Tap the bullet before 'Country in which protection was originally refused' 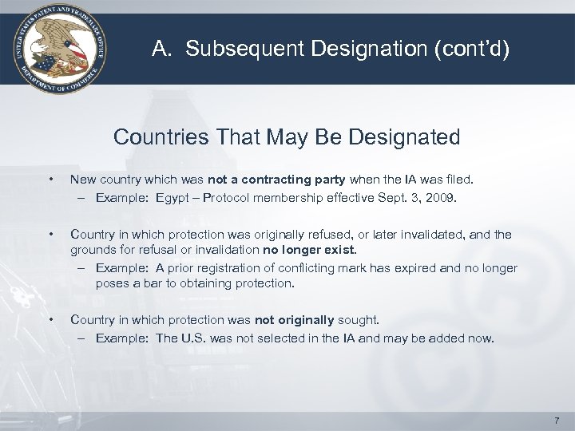coord(50,235)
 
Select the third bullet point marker coord(50,320)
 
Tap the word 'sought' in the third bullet coord(358,320)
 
